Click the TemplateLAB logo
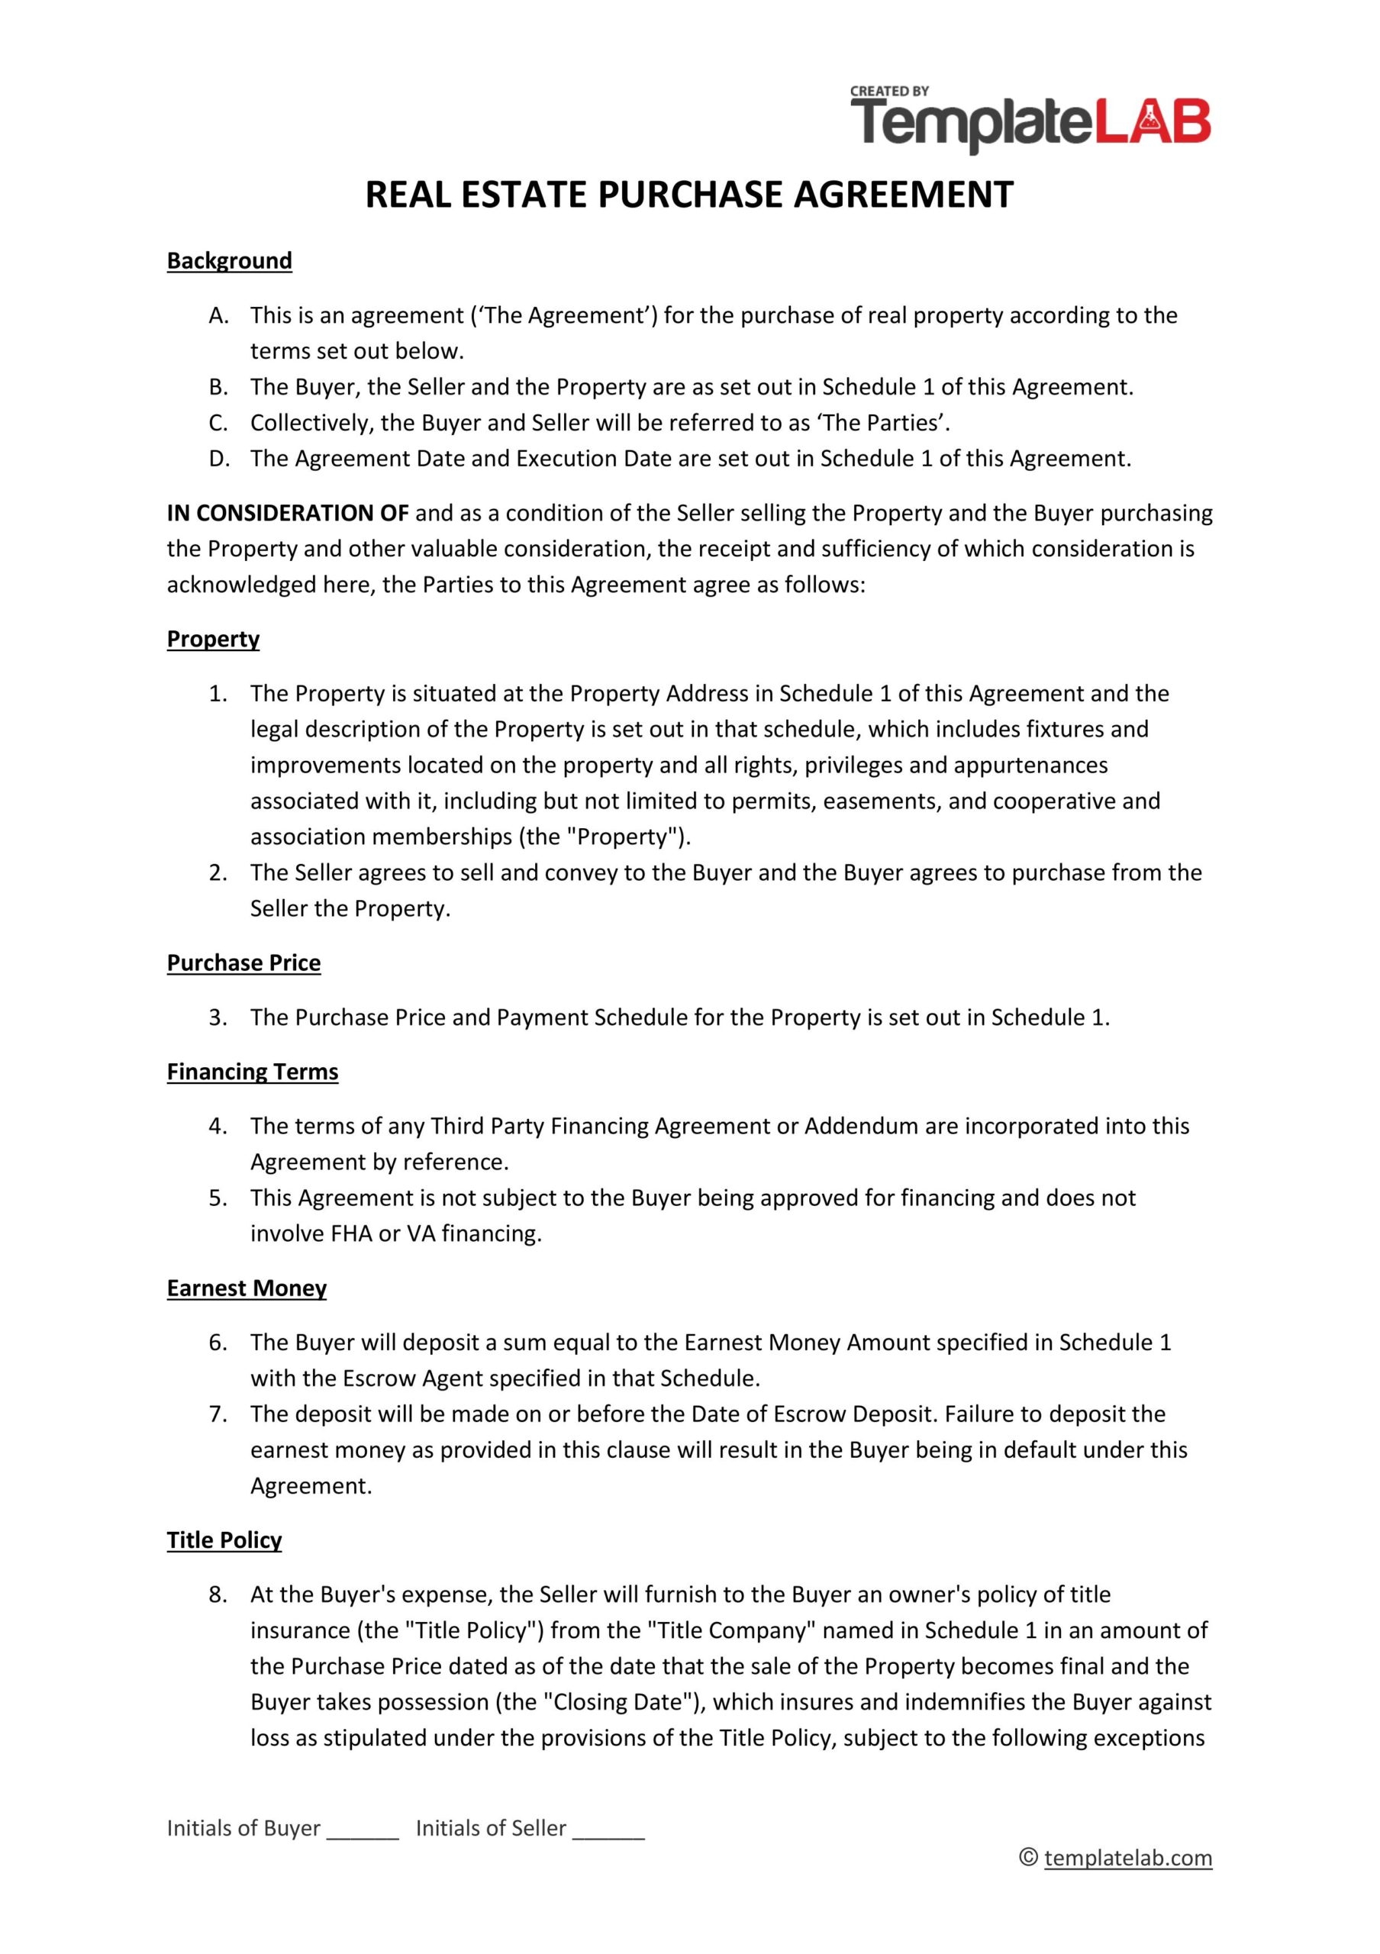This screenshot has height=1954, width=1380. [x=1030, y=124]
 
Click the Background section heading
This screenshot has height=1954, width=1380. [x=229, y=260]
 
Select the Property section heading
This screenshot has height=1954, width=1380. [x=213, y=639]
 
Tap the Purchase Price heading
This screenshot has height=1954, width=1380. [x=243, y=962]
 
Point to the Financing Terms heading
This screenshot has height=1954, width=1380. [x=252, y=1072]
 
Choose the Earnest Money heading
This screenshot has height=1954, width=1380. [x=246, y=1288]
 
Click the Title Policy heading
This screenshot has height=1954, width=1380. [x=224, y=1540]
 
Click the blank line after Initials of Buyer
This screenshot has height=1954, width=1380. [x=363, y=1828]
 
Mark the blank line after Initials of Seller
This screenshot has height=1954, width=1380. [x=608, y=1828]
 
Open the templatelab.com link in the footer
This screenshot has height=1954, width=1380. [x=1127, y=1858]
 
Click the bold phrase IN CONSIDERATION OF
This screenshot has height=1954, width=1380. [x=288, y=513]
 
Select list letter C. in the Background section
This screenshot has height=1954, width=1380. [x=218, y=423]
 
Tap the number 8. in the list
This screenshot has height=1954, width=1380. [x=218, y=1594]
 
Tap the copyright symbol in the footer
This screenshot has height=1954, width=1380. [x=1028, y=1858]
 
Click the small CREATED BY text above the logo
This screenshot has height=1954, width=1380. [x=889, y=91]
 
